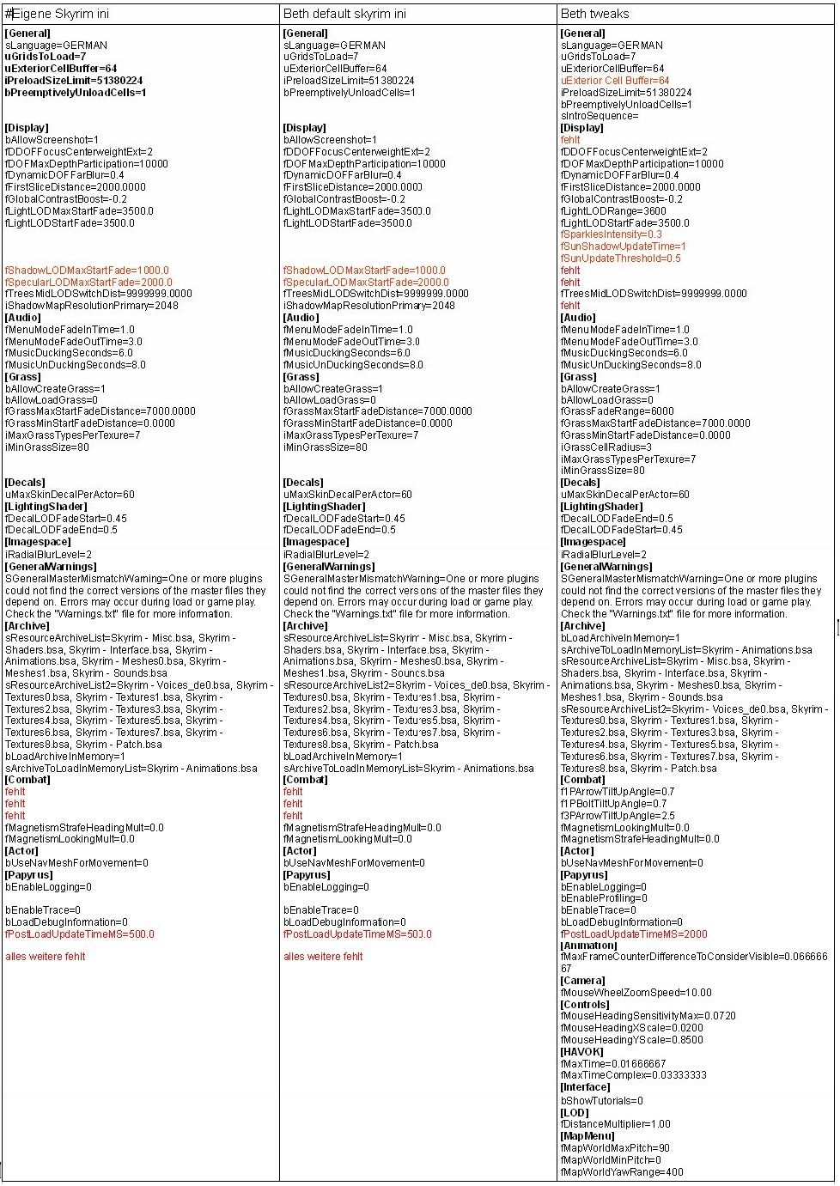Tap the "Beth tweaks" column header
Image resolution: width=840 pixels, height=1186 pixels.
pos(594,14)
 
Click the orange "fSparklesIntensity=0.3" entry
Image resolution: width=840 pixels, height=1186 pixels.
pos(612,234)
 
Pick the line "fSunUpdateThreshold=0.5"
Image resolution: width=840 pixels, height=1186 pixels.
pos(620,258)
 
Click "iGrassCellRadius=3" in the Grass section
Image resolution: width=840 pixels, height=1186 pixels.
pos(606,447)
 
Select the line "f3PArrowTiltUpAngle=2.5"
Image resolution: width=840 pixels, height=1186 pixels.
pos(618,816)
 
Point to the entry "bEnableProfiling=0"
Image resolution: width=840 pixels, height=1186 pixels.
pos(604,898)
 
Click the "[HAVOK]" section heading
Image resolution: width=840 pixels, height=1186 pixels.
pos(581,1052)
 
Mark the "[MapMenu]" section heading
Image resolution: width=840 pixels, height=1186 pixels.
pos(587,1136)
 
